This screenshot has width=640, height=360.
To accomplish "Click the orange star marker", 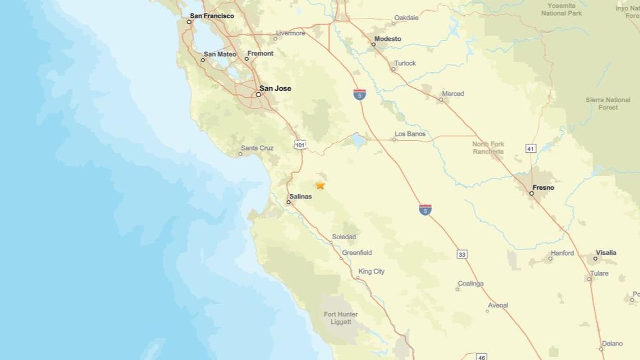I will [320, 185].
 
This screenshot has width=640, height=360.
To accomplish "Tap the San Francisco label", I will [212, 16].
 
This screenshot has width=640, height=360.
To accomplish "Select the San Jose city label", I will [275, 88].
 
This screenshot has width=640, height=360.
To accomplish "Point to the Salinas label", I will [300, 197].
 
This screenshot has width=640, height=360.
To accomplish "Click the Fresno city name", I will [543, 188].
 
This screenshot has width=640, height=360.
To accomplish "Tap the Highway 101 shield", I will [300, 145].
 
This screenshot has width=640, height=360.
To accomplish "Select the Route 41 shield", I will [531, 148].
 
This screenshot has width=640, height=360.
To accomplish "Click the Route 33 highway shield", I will [461, 254].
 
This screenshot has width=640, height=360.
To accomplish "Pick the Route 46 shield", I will [481, 357].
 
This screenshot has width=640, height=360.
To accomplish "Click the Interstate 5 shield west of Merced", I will [360, 94].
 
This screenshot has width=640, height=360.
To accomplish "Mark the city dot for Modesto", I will [373, 44].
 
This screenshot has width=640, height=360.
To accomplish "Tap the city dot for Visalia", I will [595, 258].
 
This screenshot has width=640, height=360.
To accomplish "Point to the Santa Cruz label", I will [257, 148].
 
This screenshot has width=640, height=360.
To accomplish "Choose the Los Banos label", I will [410, 134].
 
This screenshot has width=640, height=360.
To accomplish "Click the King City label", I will [371, 271].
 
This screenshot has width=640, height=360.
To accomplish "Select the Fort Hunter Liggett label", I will [341, 318].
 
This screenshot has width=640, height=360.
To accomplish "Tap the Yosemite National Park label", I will [561, 9].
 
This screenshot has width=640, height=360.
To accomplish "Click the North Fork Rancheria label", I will [488, 148].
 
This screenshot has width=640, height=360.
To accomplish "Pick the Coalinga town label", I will [470, 284].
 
